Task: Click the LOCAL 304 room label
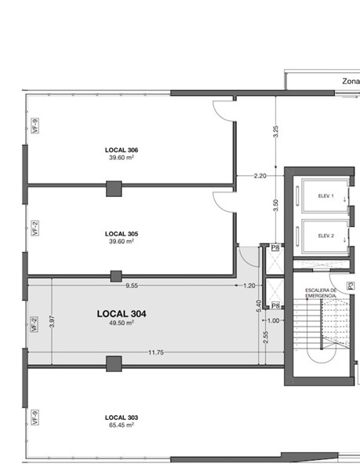(122, 314)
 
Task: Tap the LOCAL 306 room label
(122, 150)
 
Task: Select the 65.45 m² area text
(122, 425)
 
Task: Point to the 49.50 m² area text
(122, 323)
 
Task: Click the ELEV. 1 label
(325, 195)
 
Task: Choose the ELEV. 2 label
(325, 235)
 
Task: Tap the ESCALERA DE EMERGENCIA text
(321, 293)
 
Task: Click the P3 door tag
(351, 286)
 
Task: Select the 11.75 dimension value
(156, 352)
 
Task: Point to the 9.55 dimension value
(132, 286)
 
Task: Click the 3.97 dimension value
(52, 321)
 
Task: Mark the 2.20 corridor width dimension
(260, 176)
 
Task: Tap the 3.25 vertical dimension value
(276, 131)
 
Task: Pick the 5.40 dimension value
(259, 306)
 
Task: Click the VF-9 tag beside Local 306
(35, 126)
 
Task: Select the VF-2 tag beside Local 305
(35, 228)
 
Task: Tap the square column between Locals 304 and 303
(114, 363)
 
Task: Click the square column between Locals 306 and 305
(114, 188)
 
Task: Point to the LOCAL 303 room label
(122, 418)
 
